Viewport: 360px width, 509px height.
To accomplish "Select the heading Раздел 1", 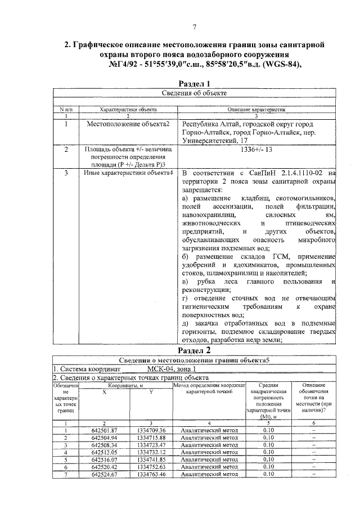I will coord(194,83).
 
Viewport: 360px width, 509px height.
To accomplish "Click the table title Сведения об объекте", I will coord(194,93).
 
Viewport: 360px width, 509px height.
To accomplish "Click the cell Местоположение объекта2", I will coord(128,124).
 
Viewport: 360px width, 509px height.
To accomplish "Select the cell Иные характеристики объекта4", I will coord(128,173).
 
